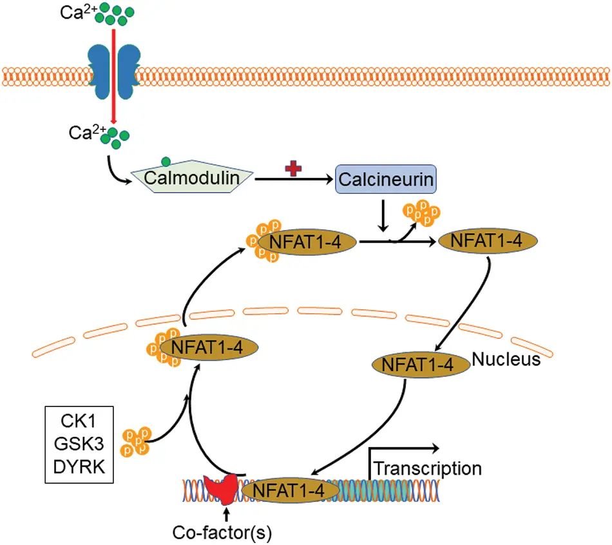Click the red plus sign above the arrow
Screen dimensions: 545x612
[x=295, y=168]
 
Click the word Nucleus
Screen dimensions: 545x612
[x=506, y=359]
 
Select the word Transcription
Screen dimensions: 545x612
[x=428, y=468]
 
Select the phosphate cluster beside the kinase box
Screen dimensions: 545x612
[x=136, y=440]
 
